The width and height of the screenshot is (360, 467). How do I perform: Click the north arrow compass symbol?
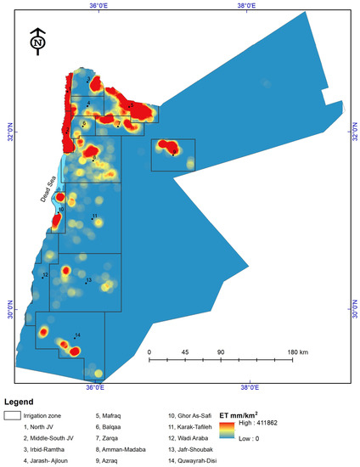pyautogui.click(x=37, y=40)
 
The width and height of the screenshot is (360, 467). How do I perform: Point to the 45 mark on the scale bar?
pyautogui.click(x=185, y=352)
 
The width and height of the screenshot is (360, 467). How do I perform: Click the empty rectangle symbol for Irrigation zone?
pyautogui.click(x=13, y=416)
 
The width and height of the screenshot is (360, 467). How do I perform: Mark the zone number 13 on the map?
pyautogui.click(x=88, y=280)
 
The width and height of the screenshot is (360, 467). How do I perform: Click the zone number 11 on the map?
pyautogui.click(x=94, y=216)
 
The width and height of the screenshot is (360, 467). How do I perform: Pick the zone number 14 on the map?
pyautogui.click(x=77, y=335)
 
